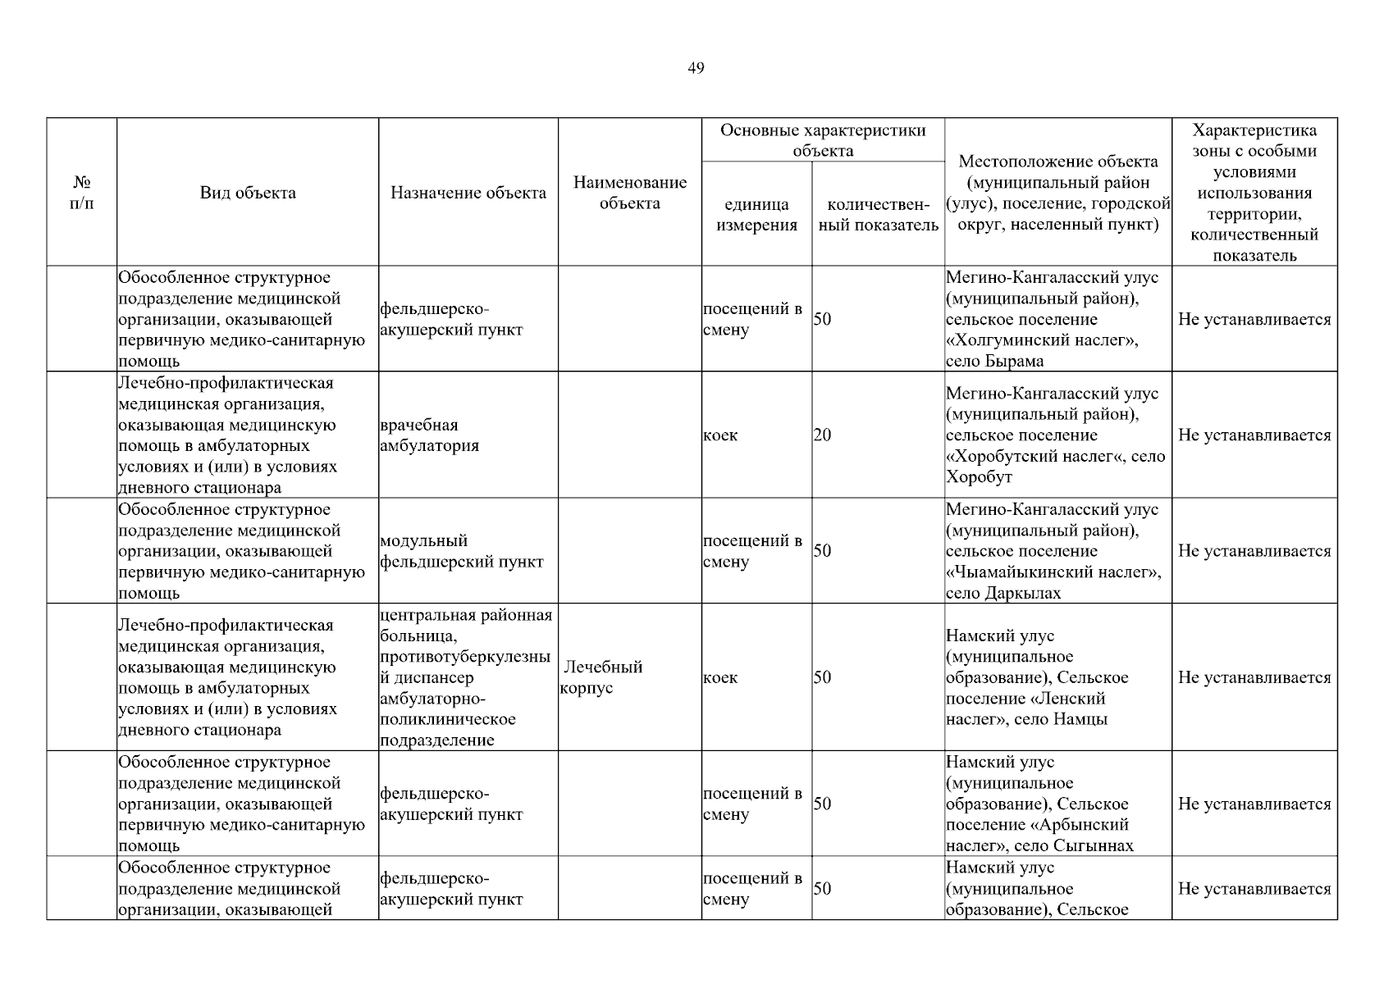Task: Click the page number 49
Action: [695, 68]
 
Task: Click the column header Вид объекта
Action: [248, 194]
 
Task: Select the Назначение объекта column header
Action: [468, 194]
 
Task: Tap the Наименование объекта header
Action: [629, 193]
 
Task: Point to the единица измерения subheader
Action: [756, 215]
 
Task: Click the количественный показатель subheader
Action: [878, 215]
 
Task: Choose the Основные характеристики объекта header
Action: [822, 140]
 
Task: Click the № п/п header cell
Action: [82, 193]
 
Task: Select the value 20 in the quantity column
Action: [822, 435]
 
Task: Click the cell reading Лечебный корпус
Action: [603, 677]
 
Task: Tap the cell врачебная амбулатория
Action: [430, 435]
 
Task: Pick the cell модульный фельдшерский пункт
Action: [461, 551]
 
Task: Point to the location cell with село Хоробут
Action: [1055, 435]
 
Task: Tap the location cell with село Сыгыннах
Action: [1039, 804]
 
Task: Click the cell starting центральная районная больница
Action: [466, 677]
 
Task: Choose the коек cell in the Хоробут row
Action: [720, 435]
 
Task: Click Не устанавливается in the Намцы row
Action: [1254, 677]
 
